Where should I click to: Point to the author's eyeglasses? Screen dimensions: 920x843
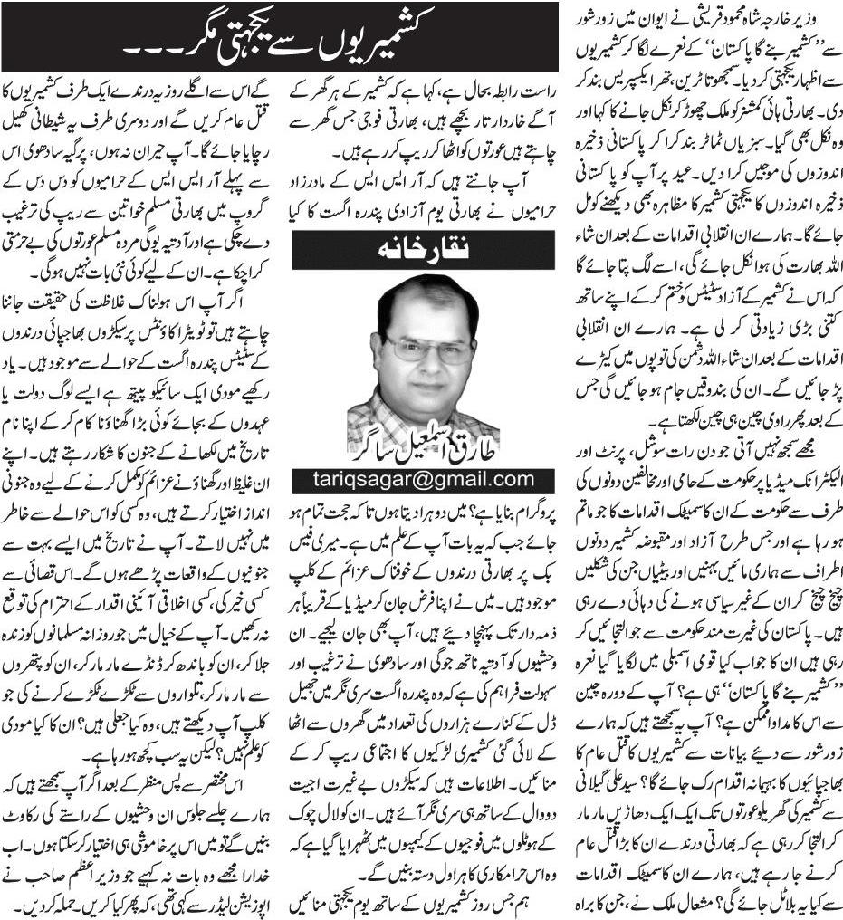tap(427, 349)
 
